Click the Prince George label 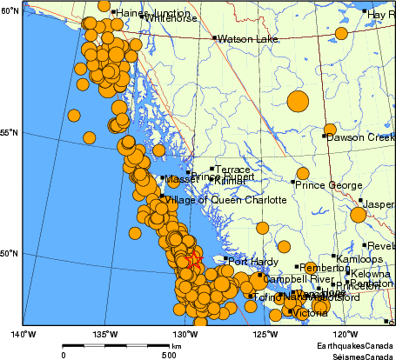click(x=327, y=184)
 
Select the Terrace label click(x=232, y=170)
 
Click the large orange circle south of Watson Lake click(x=298, y=101)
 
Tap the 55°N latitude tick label click(x=10, y=133)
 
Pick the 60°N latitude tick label click(x=10, y=10)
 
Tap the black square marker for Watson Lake click(x=213, y=38)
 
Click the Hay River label click(x=380, y=15)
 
